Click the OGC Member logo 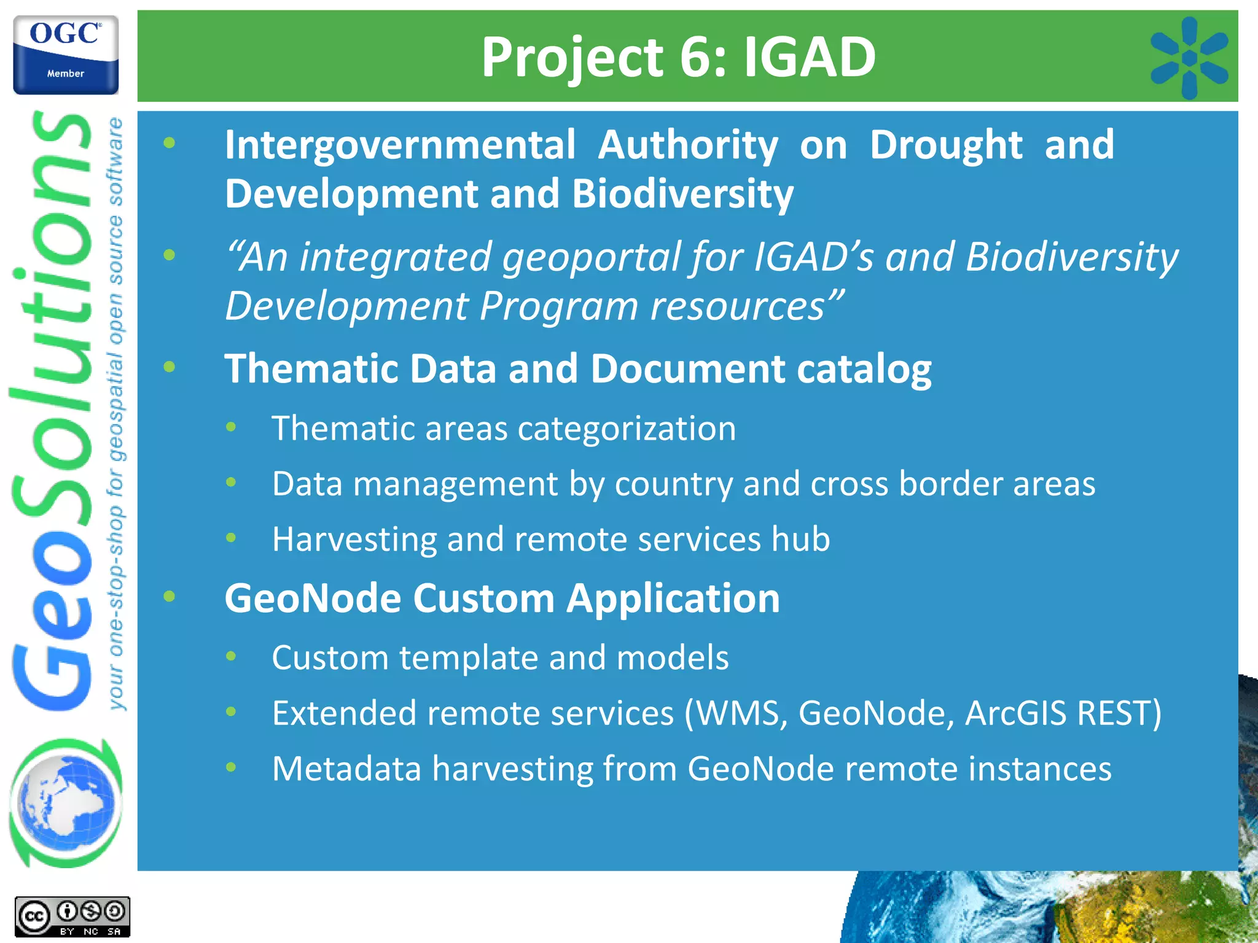[66, 55]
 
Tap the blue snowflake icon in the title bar [1189, 58]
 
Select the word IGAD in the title [810, 56]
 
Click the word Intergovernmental [400, 146]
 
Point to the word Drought [946, 146]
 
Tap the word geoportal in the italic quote [590, 257]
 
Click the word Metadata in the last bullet [346, 769]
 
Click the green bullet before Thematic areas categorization [231, 427]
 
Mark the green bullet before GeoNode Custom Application [170, 596]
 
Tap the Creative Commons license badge [72, 917]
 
